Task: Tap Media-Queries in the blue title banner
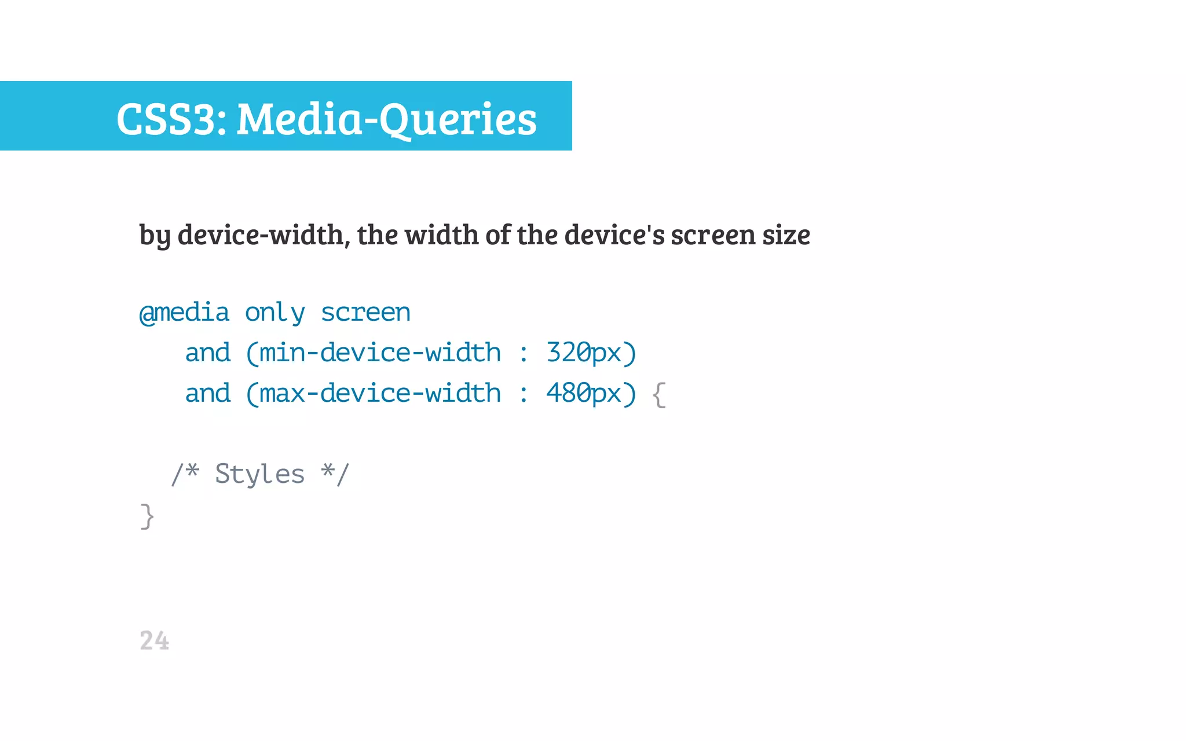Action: point(387,119)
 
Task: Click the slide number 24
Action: point(154,641)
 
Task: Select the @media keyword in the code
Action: point(185,313)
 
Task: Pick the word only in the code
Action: point(274,313)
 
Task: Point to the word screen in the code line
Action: point(365,313)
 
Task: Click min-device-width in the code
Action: point(380,353)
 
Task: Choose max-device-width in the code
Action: point(380,393)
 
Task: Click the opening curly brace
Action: point(659,394)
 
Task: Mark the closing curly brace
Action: point(147,516)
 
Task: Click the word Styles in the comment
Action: point(259,474)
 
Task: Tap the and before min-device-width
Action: point(207,353)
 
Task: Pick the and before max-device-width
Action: point(207,393)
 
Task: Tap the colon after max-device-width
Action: point(524,394)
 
